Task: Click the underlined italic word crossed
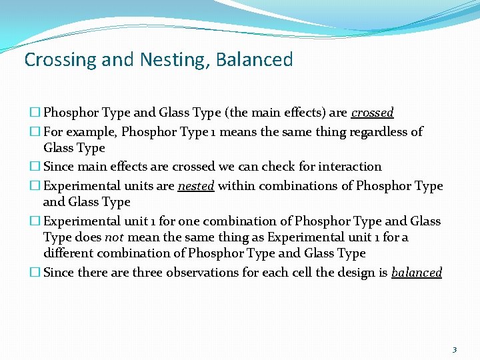(373, 113)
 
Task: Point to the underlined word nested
(196, 187)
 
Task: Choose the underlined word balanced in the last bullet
(417, 273)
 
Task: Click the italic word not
(114, 237)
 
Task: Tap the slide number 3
(455, 349)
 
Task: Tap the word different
(70, 253)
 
